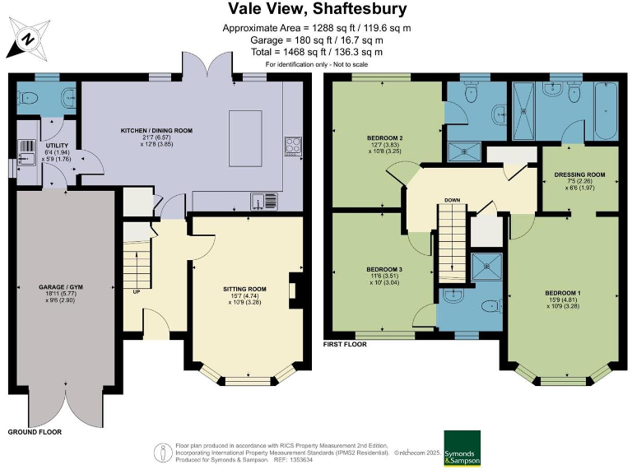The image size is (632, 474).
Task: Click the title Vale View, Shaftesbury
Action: [x=316, y=10]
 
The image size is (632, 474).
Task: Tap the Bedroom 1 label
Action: [x=562, y=293]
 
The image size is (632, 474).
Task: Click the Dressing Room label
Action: [x=580, y=174]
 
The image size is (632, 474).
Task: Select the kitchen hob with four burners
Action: [x=293, y=146]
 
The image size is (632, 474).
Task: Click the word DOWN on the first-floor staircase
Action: [x=452, y=200]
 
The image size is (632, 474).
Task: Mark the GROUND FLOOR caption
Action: [x=35, y=431]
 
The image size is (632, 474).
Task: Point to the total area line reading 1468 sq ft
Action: [x=316, y=52]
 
